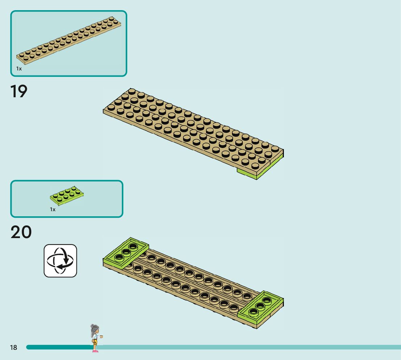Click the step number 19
point(19,91)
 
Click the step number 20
point(21,232)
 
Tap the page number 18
point(13,348)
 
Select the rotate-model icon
point(60,261)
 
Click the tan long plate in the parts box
point(69,41)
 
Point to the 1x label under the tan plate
point(19,69)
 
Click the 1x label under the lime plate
point(53,209)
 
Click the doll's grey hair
point(94,328)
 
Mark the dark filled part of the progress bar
point(58,347)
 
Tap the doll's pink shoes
point(95,351)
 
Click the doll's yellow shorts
point(95,342)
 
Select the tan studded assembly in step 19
point(192,131)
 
